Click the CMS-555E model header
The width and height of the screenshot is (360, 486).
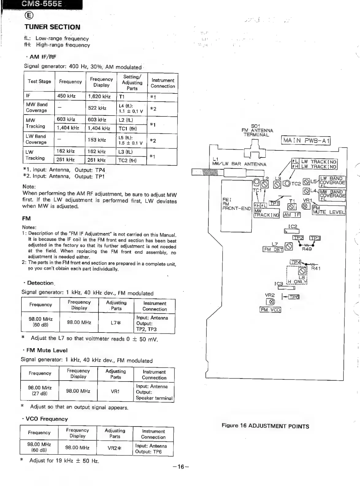pyautogui.click(x=42, y=4)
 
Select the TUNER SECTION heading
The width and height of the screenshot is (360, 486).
pyautogui.click(x=52, y=27)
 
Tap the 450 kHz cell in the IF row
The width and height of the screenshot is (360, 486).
pyautogui.click(x=67, y=96)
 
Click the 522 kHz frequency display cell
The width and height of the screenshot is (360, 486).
pyautogui.click(x=97, y=108)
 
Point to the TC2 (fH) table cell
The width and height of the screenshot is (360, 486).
pyautogui.click(x=128, y=160)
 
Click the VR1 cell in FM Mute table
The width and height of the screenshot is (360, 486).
pyautogui.click(x=115, y=392)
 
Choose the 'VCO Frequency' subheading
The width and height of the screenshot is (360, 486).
pyautogui.click(x=47, y=419)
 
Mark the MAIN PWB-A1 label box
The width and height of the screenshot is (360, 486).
pyautogui.click(x=306, y=141)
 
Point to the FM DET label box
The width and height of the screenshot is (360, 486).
pyautogui.click(x=274, y=249)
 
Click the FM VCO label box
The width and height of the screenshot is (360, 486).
pyautogui.click(x=270, y=310)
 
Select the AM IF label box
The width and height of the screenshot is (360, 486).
pyautogui.click(x=292, y=215)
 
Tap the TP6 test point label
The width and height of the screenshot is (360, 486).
pyautogui.click(x=294, y=297)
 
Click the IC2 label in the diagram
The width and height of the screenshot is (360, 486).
pyautogui.click(x=293, y=226)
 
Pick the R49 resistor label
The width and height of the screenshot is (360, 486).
pyautogui.click(x=307, y=249)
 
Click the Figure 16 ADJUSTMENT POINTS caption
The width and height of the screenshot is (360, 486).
pyautogui.click(x=265, y=426)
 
